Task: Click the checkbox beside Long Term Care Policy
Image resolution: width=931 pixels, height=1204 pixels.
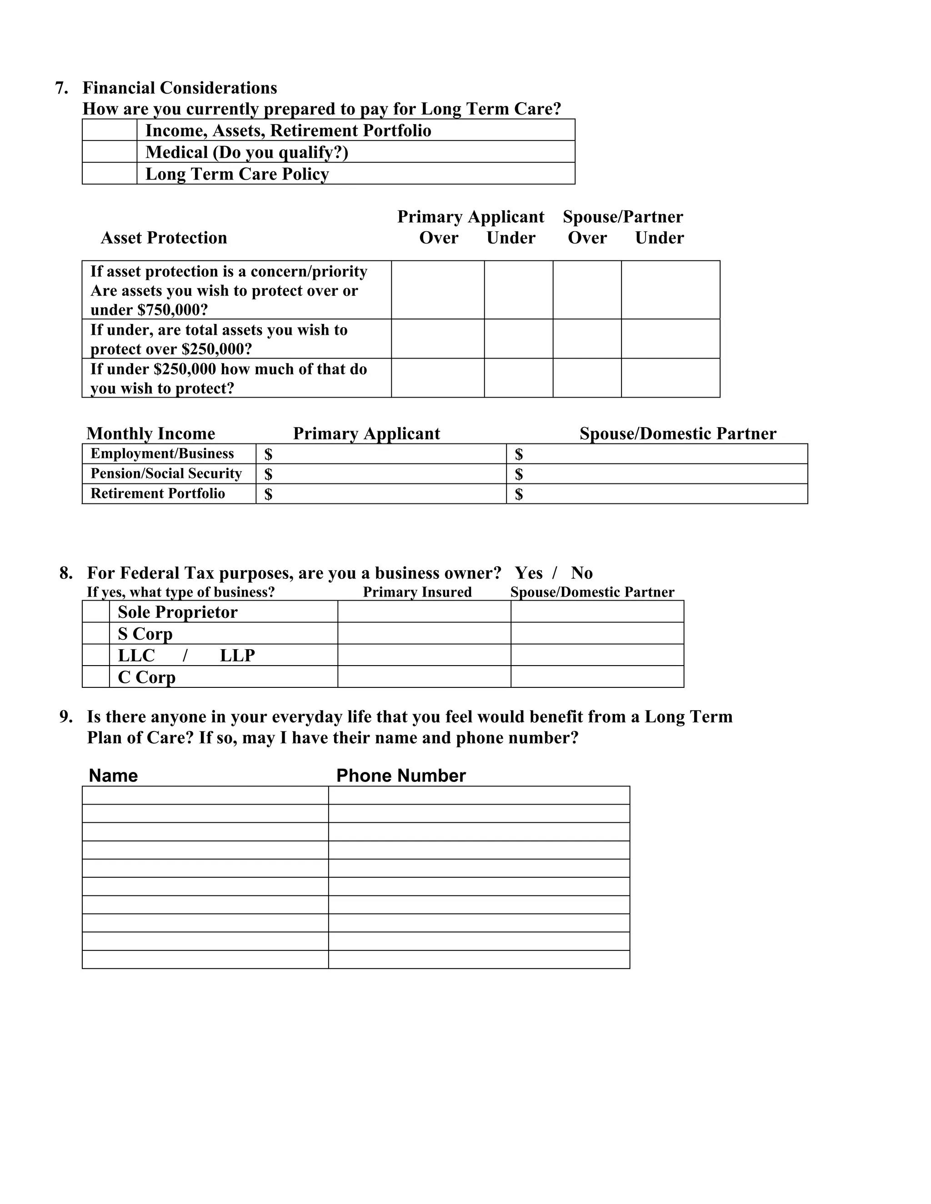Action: tap(109, 173)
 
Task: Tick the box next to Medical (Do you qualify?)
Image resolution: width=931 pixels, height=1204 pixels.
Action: tap(109, 152)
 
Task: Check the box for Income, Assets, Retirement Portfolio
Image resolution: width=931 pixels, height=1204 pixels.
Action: tap(109, 130)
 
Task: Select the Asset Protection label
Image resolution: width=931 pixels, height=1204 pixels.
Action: tap(164, 238)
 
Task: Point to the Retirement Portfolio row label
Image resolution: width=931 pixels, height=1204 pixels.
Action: tap(158, 493)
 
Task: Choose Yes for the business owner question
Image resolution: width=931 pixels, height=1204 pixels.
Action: tap(528, 573)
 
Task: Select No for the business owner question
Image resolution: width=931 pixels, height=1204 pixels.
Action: tap(581, 573)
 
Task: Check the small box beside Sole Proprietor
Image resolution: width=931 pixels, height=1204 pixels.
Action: tap(96, 612)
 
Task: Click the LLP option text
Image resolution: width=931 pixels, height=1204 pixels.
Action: tap(237, 656)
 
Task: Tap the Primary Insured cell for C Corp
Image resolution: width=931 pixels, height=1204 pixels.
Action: tap(424, 677)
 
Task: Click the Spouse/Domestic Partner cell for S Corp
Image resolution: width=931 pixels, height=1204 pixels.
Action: tap(597, 633)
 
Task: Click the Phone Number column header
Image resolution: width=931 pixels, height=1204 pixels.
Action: tap(401, 776)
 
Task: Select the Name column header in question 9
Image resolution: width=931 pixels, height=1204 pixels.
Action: tap(113, 776)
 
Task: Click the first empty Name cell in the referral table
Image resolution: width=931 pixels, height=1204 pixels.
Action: tap(205, 796)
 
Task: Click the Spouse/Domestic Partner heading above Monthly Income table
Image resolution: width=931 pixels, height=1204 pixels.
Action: tap(677, 434)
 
